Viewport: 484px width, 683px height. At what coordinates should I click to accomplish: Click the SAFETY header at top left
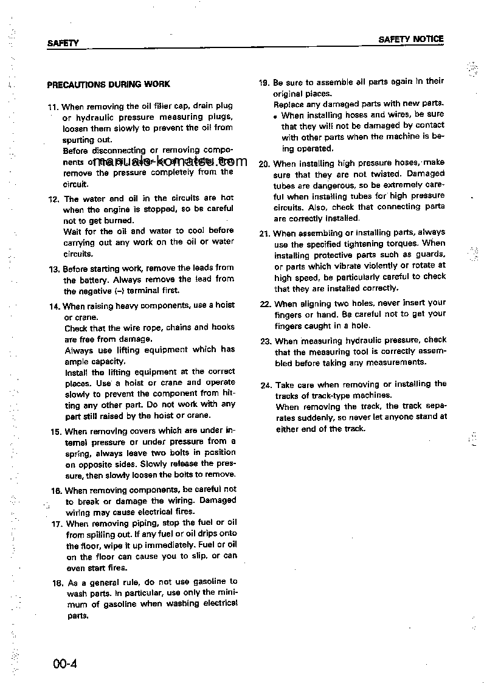(x=63, y=44)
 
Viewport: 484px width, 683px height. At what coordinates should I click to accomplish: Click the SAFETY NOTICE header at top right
(x=411, y=39)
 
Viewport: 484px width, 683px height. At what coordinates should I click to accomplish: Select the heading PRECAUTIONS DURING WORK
(x=108, y=85)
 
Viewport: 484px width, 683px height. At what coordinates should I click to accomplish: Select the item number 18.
(x=57, y=582)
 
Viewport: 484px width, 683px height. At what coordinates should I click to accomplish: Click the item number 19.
(x=264, y=82)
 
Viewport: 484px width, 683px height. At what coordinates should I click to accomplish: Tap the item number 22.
(x=264, y=303)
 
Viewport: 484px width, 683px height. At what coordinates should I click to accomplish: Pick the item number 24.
(x=265, y=385)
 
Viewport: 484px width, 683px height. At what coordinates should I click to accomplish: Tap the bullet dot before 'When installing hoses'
(x=276, y=116)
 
